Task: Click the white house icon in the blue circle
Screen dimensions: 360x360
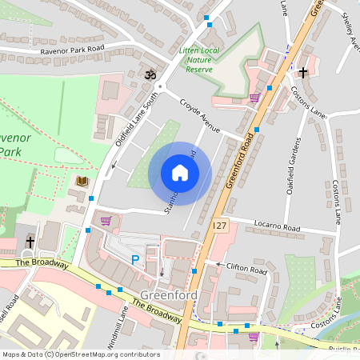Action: [x=180, y=173]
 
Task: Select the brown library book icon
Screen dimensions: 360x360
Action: [x=82, y=182]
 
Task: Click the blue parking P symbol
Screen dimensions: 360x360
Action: [x=135, y=259]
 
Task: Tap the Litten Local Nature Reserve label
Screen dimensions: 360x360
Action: [x=201, y=60]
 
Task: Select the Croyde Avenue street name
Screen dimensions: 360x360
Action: [x=199, y=117]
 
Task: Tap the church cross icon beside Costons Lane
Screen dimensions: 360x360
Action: [x=302, y=73]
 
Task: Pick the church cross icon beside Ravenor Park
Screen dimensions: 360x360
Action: [x=30, y=242]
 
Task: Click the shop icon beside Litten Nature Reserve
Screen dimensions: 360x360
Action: [x=254, y=98]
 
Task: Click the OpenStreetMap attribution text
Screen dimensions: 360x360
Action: [x=80, y=354]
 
